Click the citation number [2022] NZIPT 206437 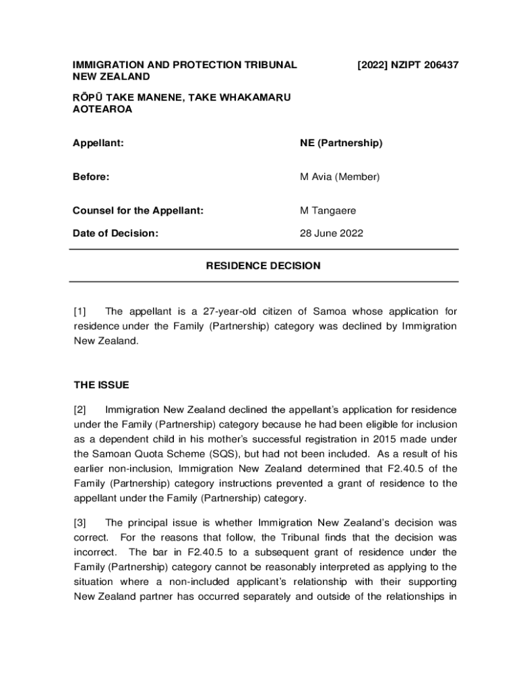[x=408, y=65]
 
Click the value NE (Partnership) [x=341, y=143]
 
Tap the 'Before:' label [x=91, y=177]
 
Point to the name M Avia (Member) [x=340, y=177]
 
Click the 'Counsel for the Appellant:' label [x=138, y=211]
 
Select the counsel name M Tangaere [x=328, y=211]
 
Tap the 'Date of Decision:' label [x=116, y=234]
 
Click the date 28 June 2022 [x=332, y=234]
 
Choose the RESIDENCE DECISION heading [x=263, y=266]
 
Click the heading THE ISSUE [x=101, y=385]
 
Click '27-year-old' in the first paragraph [x=222, y=311]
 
